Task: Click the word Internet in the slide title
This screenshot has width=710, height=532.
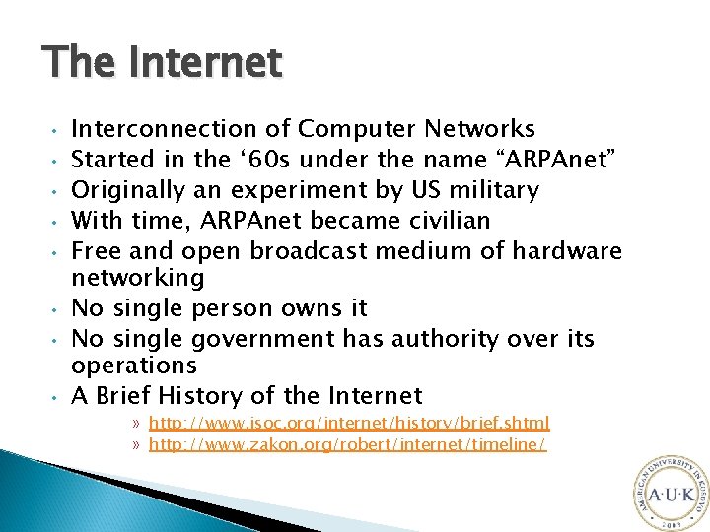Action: tap(218, 64)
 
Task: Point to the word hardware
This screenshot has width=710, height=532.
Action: tap(567, 251)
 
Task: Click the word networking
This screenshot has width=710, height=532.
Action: tap(138, 278)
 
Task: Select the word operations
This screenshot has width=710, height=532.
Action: tap(134, 366)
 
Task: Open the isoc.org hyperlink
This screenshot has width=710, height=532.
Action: tap(349, 423)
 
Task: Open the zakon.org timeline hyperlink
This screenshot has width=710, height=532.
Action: tap(347, 444)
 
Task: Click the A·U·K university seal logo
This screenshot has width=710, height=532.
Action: tap(668, 493)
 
